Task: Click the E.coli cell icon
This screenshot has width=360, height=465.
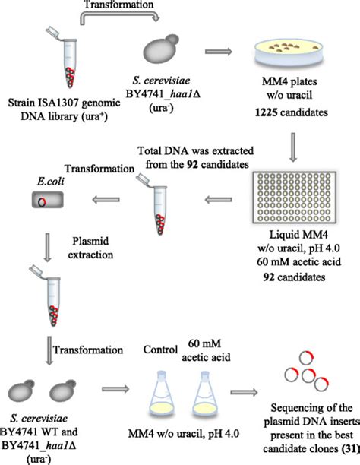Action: pos(46,200)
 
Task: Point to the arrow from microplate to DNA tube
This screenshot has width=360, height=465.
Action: pos(218,200)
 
